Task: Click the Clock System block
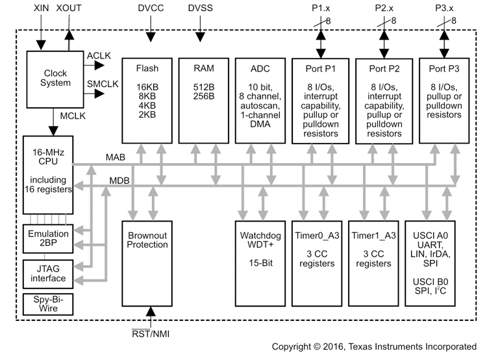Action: coord(55,78)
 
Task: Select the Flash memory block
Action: coord(147,97)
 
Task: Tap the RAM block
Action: coord(203,97)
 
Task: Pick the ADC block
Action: coord(258,97)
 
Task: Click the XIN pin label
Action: coord(41,9)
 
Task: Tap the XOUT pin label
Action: coord(69,9)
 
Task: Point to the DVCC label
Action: coord(152,9)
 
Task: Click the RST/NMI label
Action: coord(152,334)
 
